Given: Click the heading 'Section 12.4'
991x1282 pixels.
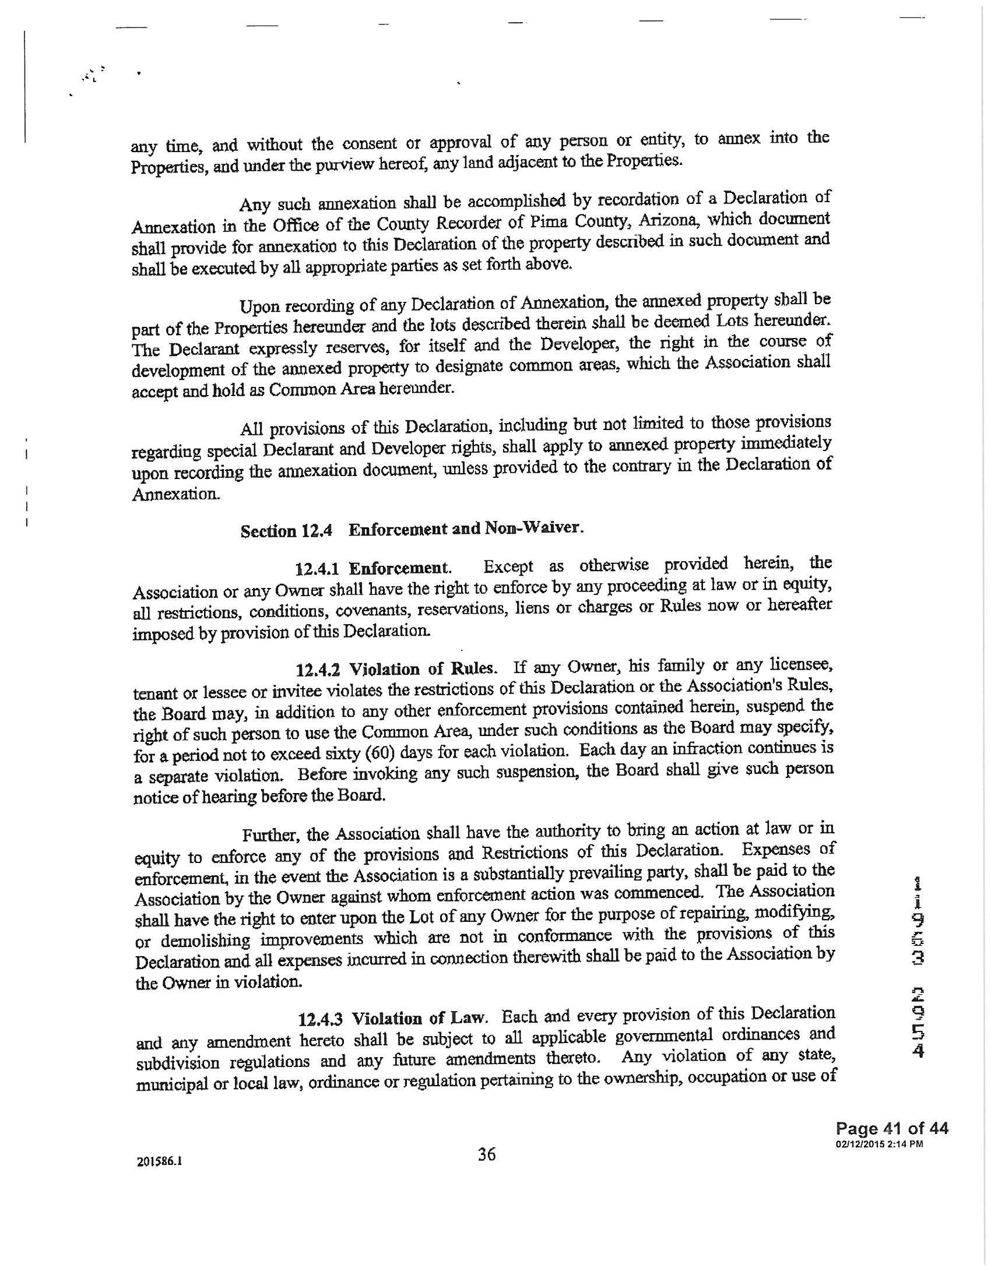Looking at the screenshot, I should coord(286,531).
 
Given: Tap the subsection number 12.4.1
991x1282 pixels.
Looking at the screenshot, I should coord(319,569).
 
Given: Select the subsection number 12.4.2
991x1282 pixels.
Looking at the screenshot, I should coord(320,670).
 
